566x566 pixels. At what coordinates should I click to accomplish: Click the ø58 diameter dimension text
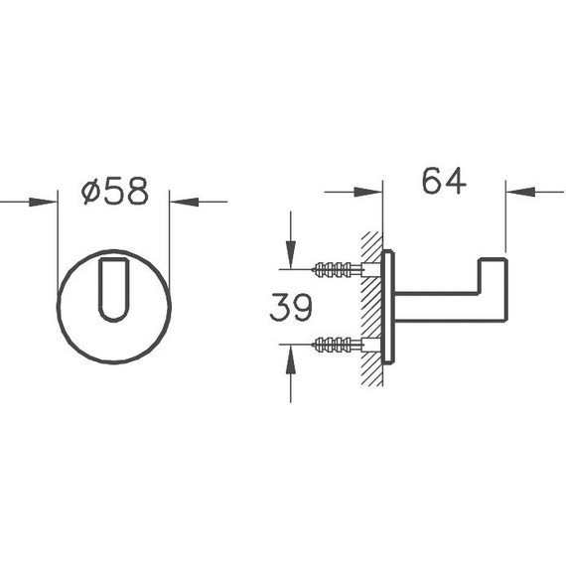coord(115,191)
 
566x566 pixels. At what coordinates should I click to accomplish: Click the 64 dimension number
coord(444,181)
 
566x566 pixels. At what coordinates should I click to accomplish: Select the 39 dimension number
coord(291,307)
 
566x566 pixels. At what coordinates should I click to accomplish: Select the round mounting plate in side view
coord(388,307)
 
